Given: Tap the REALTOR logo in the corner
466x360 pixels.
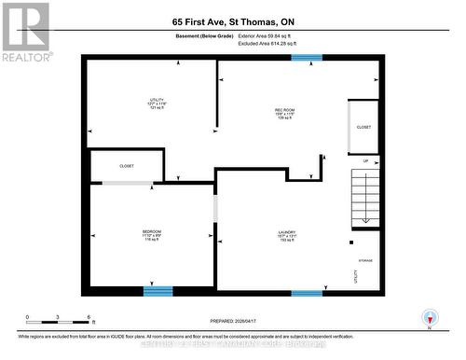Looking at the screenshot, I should tap(24, 32).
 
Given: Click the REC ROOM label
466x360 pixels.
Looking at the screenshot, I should tap(285, 114).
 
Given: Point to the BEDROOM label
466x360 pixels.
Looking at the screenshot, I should tap(152, 235).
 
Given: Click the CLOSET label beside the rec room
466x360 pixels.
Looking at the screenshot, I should tap(364, 127).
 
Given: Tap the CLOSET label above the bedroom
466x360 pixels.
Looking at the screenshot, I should tap(127, 166).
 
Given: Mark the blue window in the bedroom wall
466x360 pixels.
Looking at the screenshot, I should tap(158, 291).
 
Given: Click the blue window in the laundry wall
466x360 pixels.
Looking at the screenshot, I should tap(307, 293).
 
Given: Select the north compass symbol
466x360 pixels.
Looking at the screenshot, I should tap(429, 317).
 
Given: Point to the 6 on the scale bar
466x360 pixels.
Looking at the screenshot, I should tap(88, 317).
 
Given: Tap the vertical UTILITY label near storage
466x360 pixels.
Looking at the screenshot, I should tap(355, 275).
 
